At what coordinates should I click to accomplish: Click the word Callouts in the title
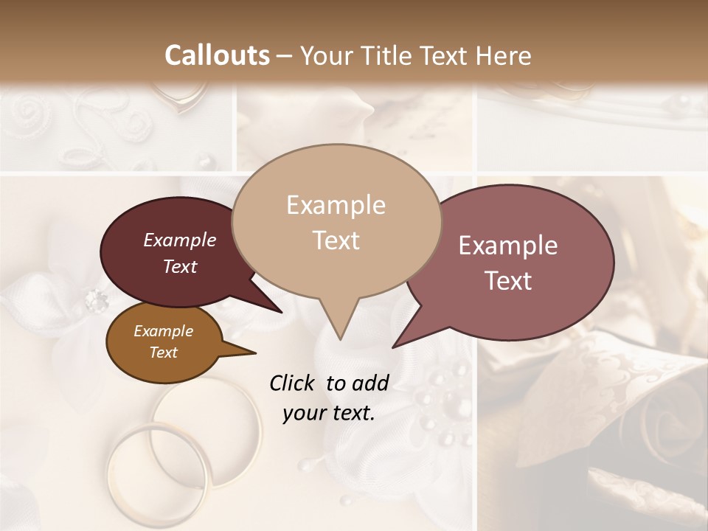(217, 55)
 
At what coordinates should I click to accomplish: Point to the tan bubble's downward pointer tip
(340, 339)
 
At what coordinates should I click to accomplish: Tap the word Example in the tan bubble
(336, 205)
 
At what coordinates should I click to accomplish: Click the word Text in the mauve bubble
(509, 281)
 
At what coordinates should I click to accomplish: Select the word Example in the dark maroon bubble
(180, 240)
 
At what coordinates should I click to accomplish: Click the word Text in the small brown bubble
(163, 353)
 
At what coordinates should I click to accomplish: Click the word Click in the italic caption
(294, 383)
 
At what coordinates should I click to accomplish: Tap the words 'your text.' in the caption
(328, 413)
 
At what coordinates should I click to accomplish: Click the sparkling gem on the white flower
(96, 299)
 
